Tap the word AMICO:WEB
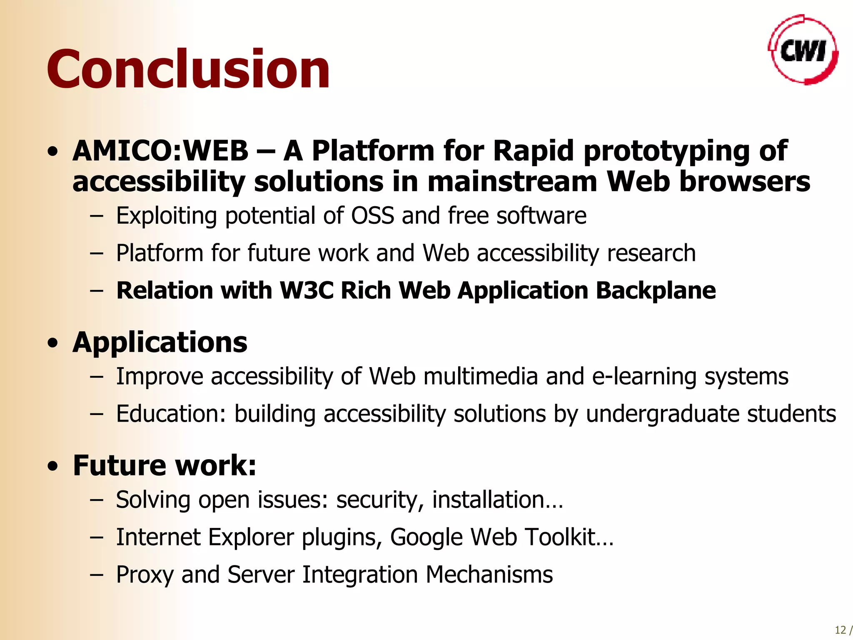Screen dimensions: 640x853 [160, 150]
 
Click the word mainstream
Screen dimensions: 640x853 [513, 182]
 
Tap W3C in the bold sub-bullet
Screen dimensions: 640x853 [307, 290]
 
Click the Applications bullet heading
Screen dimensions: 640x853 [160, 342]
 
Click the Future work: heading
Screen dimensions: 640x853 [165, 465]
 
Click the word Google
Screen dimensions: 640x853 [426, 537]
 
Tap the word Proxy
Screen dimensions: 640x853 [145, 575]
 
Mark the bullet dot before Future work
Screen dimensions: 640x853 [52, 467]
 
